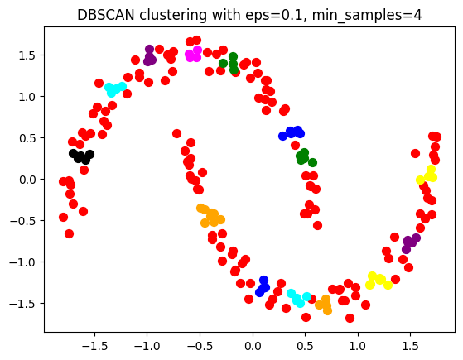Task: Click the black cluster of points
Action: pyautogui.click(x=81, y=156)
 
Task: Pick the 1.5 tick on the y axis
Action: pyautogui.click(x=27, y=55)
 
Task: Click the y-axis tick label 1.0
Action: pyautogui.click(x=27, y=97)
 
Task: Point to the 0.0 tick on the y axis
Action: pyautogui.click(x=27, y=180)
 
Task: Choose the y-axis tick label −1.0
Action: pyautogui.click(x=24, y=262)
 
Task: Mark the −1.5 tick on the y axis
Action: pyautogui.click(x=24, y=304)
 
